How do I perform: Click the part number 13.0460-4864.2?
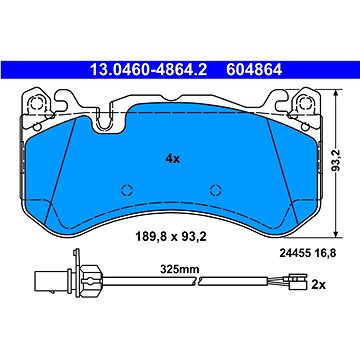(149, 70)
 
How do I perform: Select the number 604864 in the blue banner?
(254, 70)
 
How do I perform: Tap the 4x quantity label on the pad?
(173, 159)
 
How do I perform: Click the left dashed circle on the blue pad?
(127, 190)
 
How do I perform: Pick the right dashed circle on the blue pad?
(216, 190)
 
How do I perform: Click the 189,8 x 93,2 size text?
(171, 237)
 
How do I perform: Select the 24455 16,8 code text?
(307, 253)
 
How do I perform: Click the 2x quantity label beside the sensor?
(318, 285)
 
